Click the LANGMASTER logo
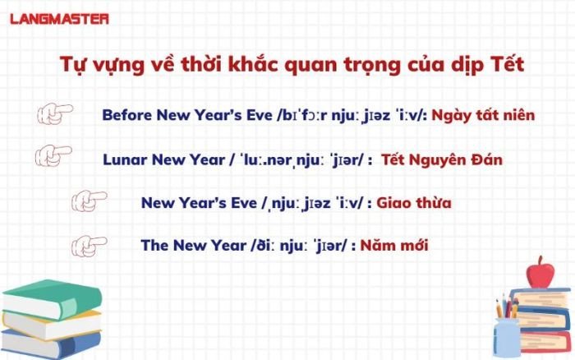point(59,19)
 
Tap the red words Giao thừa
point(414,202)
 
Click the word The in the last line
point(154,245)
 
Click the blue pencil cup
point(506,337)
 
